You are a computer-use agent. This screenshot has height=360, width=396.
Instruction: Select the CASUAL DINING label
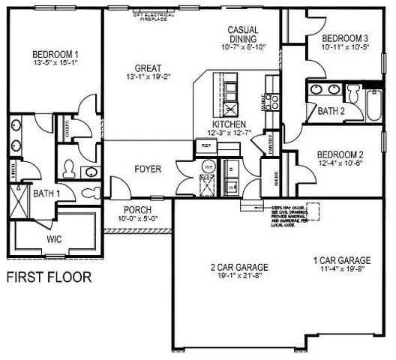pyautogui.click(x=244, y=34)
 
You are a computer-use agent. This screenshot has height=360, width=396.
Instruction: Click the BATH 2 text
pyautogui.click(x=330, y=111)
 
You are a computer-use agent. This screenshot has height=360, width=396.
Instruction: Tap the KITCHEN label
pyautogui.click(x=228, y=123)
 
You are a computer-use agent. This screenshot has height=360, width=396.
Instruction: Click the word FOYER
pyautogui.click(x=147, y=169)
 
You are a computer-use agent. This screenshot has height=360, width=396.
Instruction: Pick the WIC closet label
pyautogui.click(x=55, y=241)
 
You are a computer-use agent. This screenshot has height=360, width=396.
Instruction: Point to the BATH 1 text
pyautogui.click(x=46, y=193)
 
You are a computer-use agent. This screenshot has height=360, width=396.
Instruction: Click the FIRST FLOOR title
pyautogui.click(x=49, y=277)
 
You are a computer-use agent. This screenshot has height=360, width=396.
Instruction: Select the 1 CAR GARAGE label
pyautogui.click(x=340, y=261)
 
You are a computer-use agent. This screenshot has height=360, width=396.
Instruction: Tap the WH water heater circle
pyautogui.click(x=208, y=166)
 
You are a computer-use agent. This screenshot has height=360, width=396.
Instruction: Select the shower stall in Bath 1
pyautogui.click(x=18, y=202)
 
